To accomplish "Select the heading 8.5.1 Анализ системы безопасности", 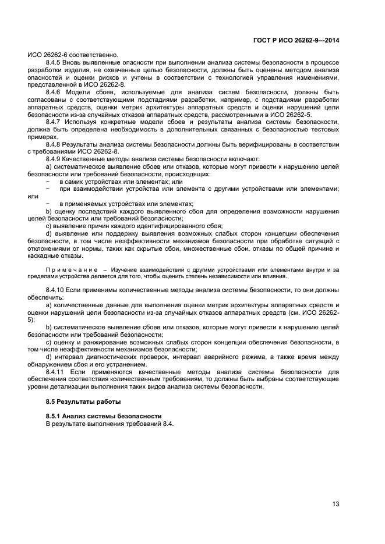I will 103,417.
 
